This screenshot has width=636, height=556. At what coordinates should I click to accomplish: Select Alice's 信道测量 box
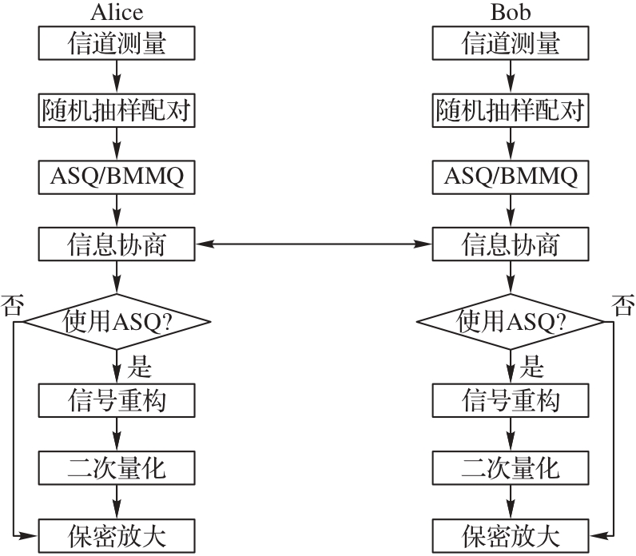point(117,44)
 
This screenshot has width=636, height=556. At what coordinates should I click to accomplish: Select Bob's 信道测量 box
point(511,44)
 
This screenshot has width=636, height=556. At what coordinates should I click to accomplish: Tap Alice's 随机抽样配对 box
point(117,110)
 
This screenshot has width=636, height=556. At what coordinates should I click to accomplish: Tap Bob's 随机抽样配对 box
point(511,110)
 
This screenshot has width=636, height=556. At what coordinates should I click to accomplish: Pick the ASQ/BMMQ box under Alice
point(117,177)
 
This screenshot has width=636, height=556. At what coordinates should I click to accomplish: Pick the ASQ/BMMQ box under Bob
point(511,177)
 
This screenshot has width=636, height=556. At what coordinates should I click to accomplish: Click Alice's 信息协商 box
point(117,243)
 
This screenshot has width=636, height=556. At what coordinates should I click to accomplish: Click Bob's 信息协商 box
point(511,243)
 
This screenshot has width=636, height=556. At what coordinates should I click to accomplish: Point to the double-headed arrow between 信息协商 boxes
point(313,243)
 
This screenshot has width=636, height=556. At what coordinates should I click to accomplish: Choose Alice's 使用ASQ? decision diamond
point(117,321)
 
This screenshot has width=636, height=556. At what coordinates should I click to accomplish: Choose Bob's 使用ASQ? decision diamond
point(511,321)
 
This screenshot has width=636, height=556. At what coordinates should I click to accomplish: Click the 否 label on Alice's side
point(13,305)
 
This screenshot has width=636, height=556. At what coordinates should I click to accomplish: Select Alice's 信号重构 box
point(117,399)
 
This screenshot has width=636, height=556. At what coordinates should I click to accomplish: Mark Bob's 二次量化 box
point(511,466)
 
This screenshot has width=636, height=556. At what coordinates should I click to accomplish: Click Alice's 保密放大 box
point(117,532)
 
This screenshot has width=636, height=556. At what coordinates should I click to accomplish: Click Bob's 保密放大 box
point(511,532)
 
